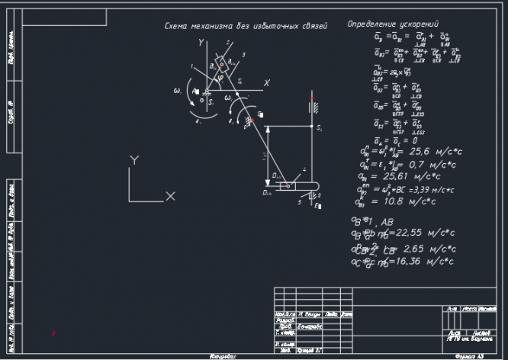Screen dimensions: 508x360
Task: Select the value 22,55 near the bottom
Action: tap(407, 234)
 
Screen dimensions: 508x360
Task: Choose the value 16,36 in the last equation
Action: tap(407, 262)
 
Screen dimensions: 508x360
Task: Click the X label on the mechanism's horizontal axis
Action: tap(266, 82)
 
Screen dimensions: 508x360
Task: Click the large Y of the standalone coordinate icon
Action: tap(134, 161)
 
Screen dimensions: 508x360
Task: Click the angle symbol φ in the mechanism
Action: tap(220, 76)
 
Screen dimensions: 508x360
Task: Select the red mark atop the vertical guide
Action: tap(311, 99)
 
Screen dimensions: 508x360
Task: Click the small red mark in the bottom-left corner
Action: tap(53, 333)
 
